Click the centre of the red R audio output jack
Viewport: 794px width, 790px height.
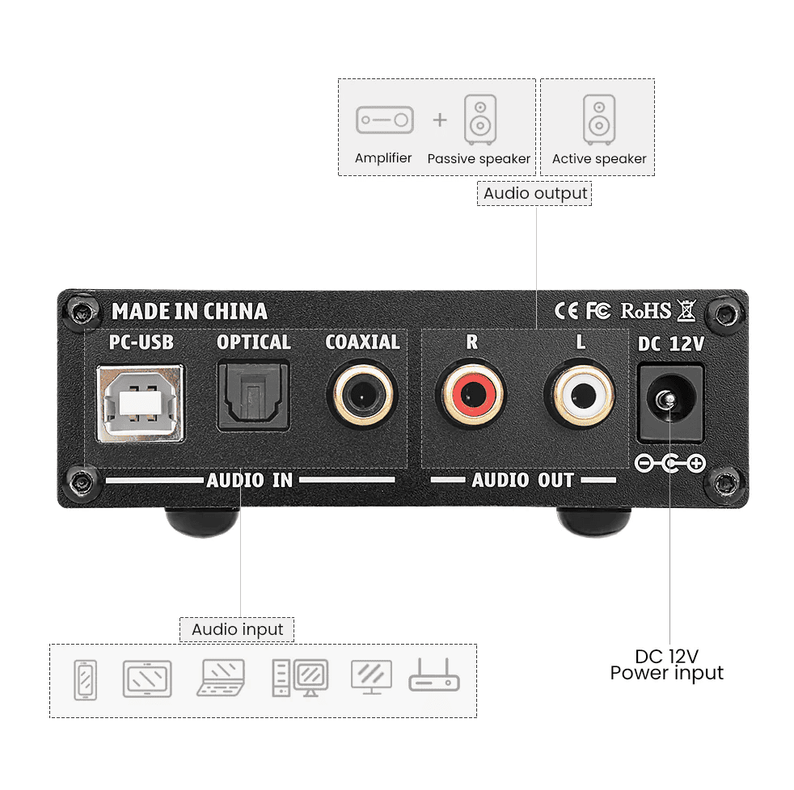472,394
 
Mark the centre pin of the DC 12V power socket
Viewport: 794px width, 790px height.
669,400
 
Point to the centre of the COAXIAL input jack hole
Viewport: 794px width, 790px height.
362,394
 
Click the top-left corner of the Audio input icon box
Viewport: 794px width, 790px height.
49,645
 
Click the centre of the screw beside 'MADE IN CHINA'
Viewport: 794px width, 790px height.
82,313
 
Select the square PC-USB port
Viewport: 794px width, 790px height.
140,403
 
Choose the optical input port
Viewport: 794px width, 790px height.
253,395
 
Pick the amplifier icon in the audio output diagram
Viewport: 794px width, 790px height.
385,120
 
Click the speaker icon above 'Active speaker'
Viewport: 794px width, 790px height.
599,120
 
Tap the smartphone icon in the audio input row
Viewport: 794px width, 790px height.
85,680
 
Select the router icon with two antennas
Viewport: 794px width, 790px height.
434,675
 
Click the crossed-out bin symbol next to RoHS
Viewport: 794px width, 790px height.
686,310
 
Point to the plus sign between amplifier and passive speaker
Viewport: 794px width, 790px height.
440,120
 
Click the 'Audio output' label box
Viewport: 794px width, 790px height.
534,193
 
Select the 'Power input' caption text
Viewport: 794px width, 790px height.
666,674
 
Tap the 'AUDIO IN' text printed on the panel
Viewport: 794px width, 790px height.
250,480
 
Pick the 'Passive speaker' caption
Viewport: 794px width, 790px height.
479,159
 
